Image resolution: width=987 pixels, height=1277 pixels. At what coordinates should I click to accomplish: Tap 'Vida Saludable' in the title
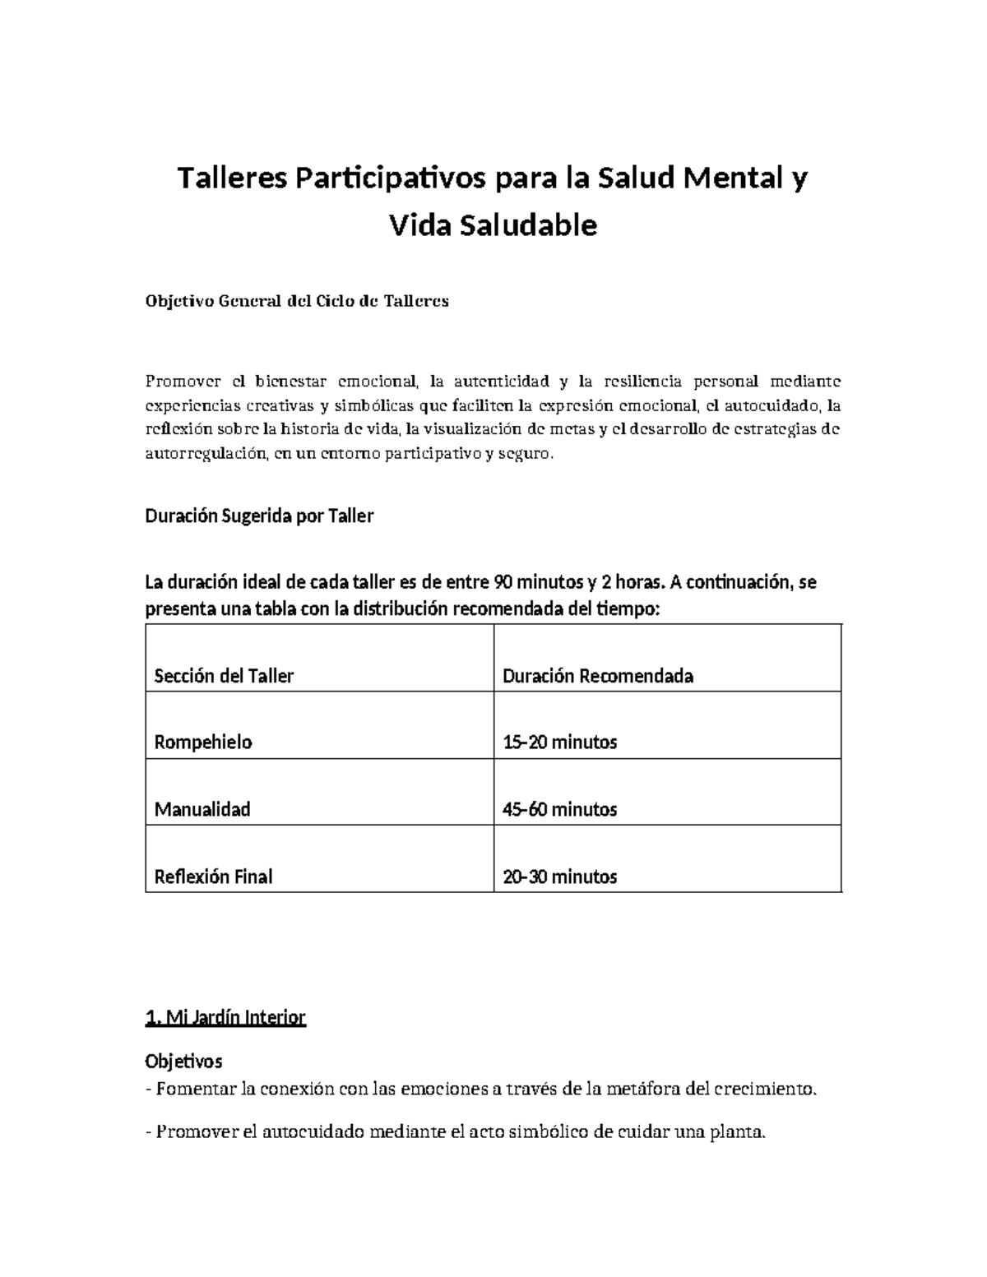[493, 224]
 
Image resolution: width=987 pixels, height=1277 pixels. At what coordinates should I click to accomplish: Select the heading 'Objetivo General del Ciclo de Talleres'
[297, 300]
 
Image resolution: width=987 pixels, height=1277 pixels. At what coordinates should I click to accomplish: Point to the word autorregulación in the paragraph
[206, 454]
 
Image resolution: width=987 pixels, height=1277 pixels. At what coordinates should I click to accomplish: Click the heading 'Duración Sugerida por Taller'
[259, 516]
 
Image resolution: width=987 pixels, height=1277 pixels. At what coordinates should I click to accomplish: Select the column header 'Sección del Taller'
[224, 676]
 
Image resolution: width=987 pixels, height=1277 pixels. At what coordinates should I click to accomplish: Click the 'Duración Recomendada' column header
[598, 676]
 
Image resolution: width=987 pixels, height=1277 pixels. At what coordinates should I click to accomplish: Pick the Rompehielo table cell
[203, 743]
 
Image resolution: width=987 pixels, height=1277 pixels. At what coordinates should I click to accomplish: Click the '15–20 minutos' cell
[559, 743]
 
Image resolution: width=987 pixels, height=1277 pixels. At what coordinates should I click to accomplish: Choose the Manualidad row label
[202, 809]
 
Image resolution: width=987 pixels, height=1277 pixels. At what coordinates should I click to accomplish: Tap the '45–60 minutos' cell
[559, 809]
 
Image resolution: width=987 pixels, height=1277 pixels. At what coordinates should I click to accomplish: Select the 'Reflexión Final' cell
[213, 877]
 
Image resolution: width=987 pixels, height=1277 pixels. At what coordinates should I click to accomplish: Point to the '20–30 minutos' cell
[559, 877]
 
